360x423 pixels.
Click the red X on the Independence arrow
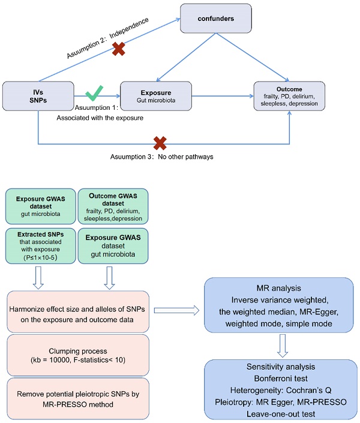pyautogui.click(x=119, y=49)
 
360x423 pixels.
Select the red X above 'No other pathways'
pyautogui.click(x=160, y=143)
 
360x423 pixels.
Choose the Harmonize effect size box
pyautogui.click(x=77, y=310)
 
